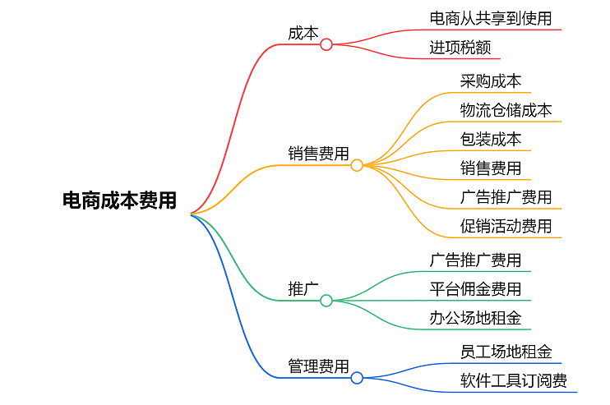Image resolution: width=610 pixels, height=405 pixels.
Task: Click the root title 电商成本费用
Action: point(120,200)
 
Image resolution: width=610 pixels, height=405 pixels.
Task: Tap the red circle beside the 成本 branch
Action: point(326,44)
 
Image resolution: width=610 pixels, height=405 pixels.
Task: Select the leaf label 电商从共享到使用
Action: point(491,17)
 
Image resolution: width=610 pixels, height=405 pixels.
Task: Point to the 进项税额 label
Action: point(460,48)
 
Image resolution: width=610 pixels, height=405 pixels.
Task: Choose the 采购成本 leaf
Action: point(491,81)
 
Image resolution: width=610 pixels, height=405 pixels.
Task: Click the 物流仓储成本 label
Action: point(506,109)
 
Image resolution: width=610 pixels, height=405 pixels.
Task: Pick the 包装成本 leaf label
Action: point(491,139)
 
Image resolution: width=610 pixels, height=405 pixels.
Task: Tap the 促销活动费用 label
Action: point(506,226)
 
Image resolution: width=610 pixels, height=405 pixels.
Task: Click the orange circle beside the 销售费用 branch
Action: point(357,165)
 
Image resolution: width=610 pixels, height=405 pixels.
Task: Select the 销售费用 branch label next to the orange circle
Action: point(318,154)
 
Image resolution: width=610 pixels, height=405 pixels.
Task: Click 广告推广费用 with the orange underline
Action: point(506,197)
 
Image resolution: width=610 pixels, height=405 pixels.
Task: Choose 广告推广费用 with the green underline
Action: point(475,260)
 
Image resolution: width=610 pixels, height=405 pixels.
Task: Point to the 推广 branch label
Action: point(303,288)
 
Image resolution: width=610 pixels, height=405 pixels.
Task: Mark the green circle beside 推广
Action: point(326,301)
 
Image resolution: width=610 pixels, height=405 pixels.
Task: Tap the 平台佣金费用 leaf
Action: point(475,289)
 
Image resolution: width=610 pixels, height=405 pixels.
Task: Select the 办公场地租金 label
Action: point(475,318)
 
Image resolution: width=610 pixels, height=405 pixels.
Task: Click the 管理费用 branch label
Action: point(318,366)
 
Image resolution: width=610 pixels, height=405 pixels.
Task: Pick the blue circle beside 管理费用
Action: point(357,378)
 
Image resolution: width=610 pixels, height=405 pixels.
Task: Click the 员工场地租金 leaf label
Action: point(506,352)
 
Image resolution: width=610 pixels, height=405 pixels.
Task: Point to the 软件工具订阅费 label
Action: point(514,380)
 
